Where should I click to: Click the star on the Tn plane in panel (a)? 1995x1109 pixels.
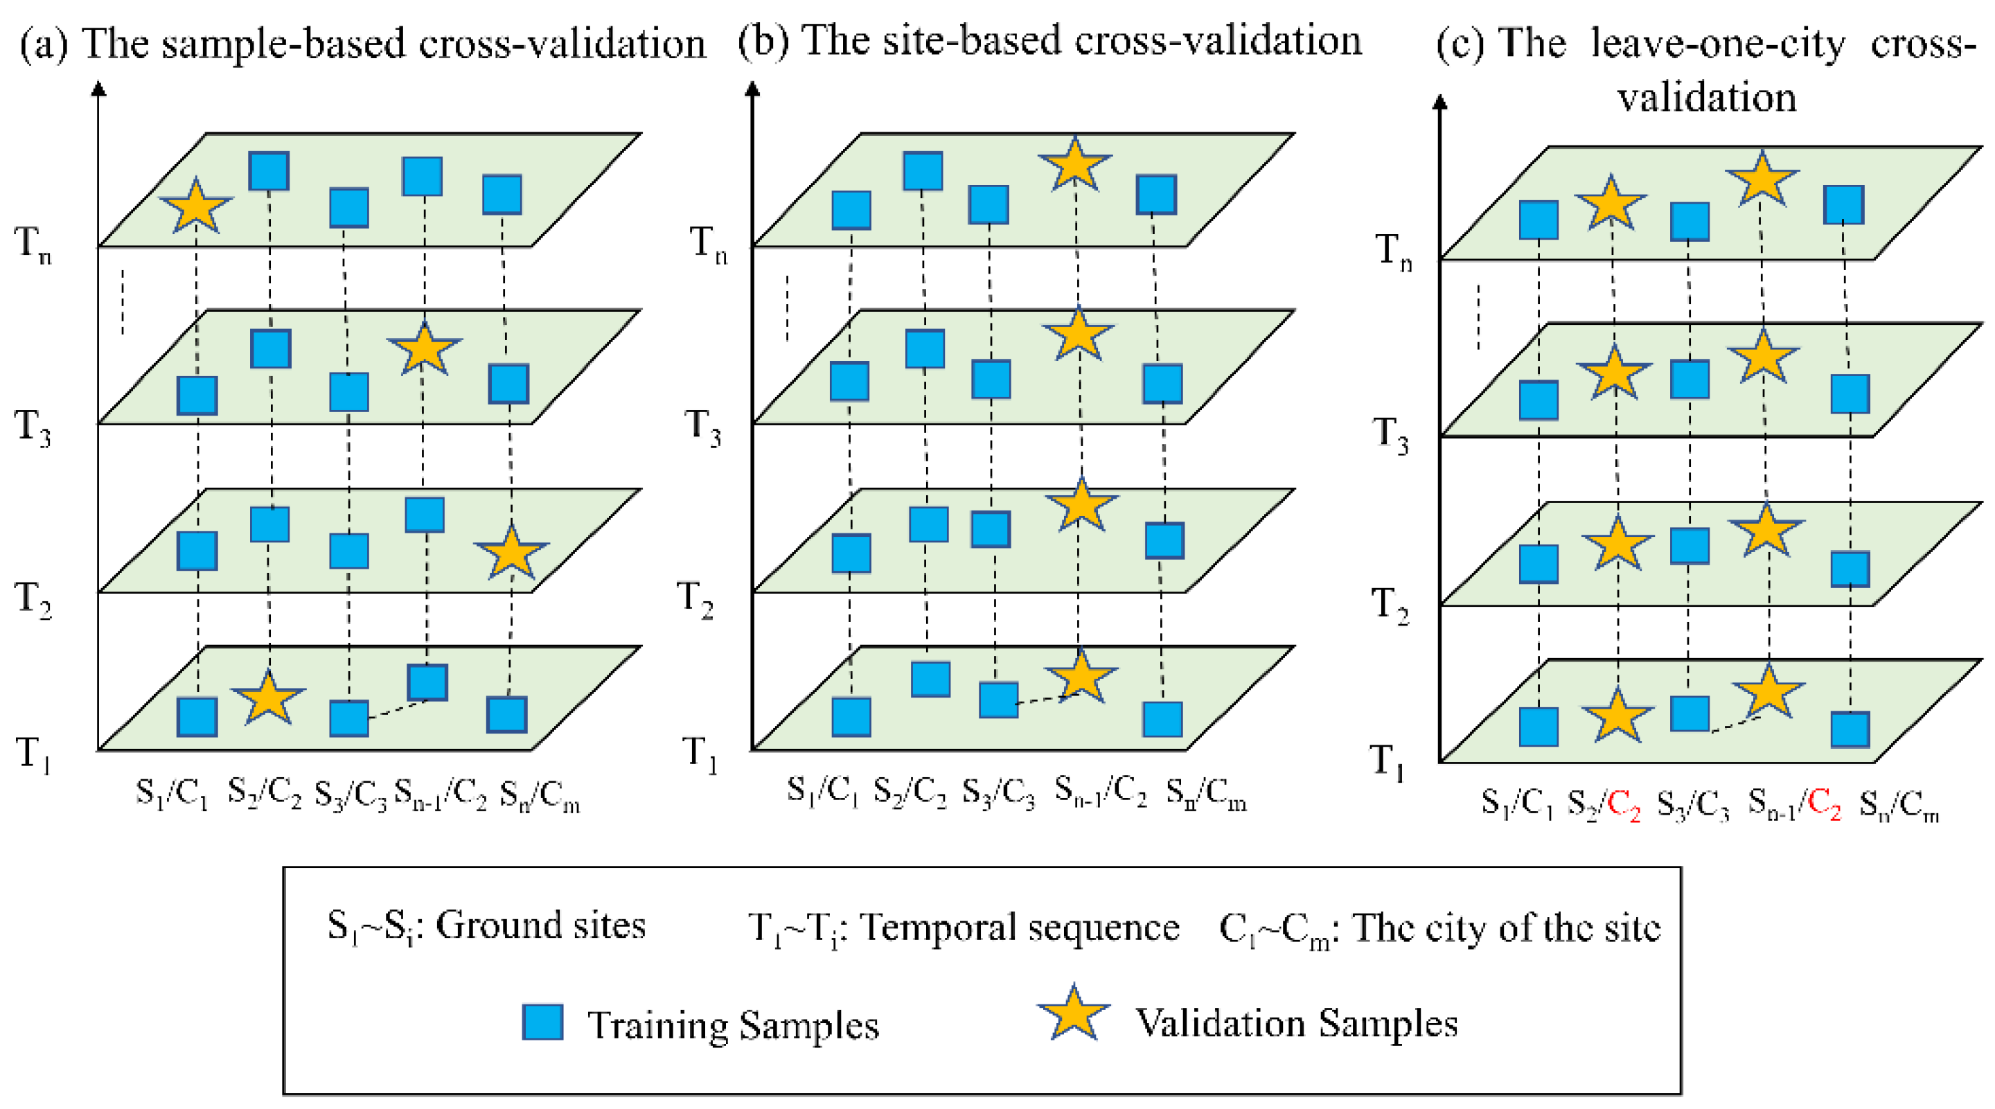[x=195, y=206]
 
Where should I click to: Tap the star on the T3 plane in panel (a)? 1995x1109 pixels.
[x=424, y=349]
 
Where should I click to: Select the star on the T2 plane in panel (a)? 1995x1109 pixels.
[x=511, y=552]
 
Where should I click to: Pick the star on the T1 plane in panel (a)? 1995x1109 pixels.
[x=267, y=698]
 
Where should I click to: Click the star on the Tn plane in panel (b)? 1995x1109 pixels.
[x=1074, y=165]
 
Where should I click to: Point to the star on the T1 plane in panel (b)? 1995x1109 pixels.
[x=1080, y=676]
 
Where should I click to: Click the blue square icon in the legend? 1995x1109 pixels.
[x=542, y=1022]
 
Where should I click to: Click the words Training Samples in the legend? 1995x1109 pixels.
[x=733, y=1025]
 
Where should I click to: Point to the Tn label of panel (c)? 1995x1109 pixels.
[x=1393, y=251]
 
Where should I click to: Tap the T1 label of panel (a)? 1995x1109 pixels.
[x=33, y=754]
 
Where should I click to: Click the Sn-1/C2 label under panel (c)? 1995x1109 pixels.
[x=1793, y=804]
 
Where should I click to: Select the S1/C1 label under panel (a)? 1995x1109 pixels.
[x=172, y=793]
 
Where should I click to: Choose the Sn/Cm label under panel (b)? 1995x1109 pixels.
[x=1206, y=793]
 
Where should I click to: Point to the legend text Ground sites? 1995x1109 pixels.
[x=540, y=925]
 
